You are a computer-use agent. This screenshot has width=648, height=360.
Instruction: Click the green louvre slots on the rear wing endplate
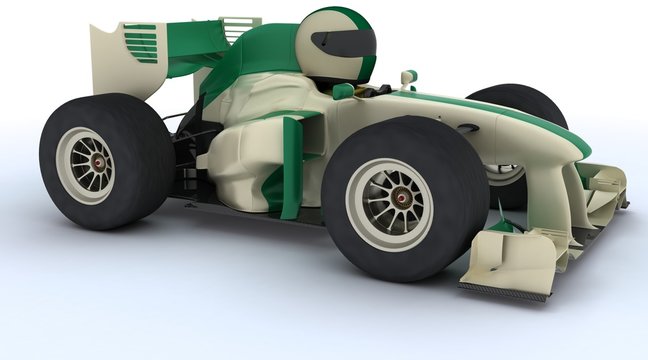coord(140,43)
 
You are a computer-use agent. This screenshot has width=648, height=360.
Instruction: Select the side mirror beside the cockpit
coord(408,76)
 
